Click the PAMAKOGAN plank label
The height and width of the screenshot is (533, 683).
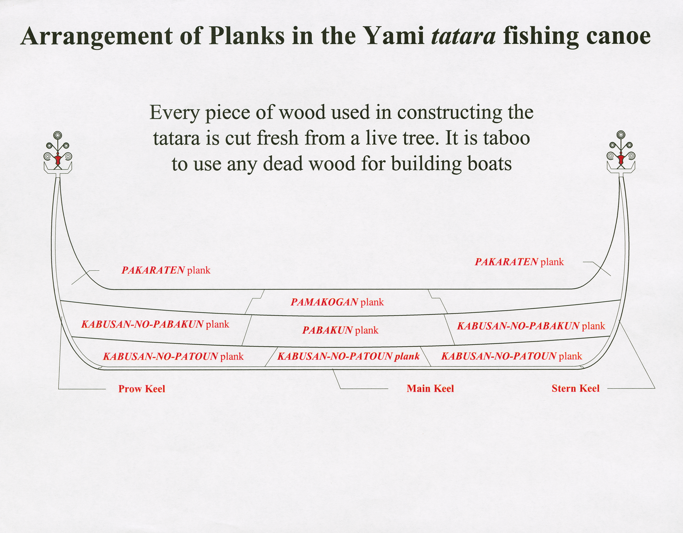337,302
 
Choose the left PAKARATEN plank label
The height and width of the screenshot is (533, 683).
166,270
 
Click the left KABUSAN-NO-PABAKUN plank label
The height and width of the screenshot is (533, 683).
155,324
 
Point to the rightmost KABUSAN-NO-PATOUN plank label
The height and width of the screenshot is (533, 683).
512,356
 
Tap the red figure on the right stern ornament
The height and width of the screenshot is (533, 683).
621,159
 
